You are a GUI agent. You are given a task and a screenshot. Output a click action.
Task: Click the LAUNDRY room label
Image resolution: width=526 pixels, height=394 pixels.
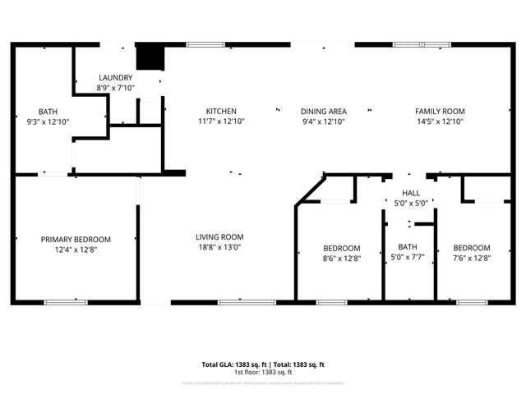[115, 78]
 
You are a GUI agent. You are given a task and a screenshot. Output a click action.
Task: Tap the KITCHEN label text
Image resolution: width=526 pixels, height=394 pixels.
[221, 111]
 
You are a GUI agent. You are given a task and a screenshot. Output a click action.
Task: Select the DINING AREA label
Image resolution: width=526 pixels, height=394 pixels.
[323, 111]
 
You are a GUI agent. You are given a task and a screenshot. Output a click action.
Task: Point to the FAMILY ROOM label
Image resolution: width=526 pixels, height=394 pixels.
[439, 111]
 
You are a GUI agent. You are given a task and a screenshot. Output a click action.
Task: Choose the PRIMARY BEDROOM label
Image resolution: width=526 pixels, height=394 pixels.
[76, 240]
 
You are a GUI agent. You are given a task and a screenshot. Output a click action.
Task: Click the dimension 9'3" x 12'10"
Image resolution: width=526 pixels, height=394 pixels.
[48, 121]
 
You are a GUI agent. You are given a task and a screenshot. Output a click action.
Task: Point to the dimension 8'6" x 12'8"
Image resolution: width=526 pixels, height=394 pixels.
[341, 258]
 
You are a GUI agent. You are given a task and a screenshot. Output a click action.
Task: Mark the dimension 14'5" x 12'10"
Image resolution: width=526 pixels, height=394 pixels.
[439, 121]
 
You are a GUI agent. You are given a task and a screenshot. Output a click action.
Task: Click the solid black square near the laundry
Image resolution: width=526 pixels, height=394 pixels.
[149, 57]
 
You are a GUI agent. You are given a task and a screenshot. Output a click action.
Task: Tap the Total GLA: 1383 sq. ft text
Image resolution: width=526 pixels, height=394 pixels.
[232, 364]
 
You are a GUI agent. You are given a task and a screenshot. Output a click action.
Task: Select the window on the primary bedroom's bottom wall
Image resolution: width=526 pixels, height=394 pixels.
[66, 302]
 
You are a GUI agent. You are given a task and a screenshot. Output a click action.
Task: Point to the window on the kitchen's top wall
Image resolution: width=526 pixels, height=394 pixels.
[200, 44]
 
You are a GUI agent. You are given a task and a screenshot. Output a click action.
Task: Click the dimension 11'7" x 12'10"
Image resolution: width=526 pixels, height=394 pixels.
[221, 121]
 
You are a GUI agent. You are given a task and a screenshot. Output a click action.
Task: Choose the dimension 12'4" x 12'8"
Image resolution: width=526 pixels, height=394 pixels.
[76, 250]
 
